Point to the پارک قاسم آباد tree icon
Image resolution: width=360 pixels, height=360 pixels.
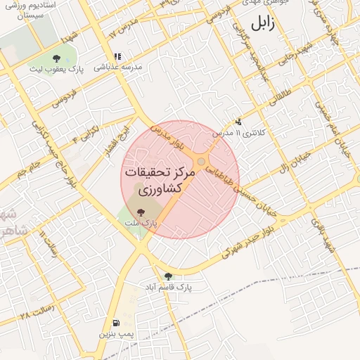tap(167, 276)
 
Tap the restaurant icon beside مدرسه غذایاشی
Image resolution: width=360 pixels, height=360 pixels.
tap(117, 56)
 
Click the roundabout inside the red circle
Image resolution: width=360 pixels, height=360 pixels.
tap(201, 163)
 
